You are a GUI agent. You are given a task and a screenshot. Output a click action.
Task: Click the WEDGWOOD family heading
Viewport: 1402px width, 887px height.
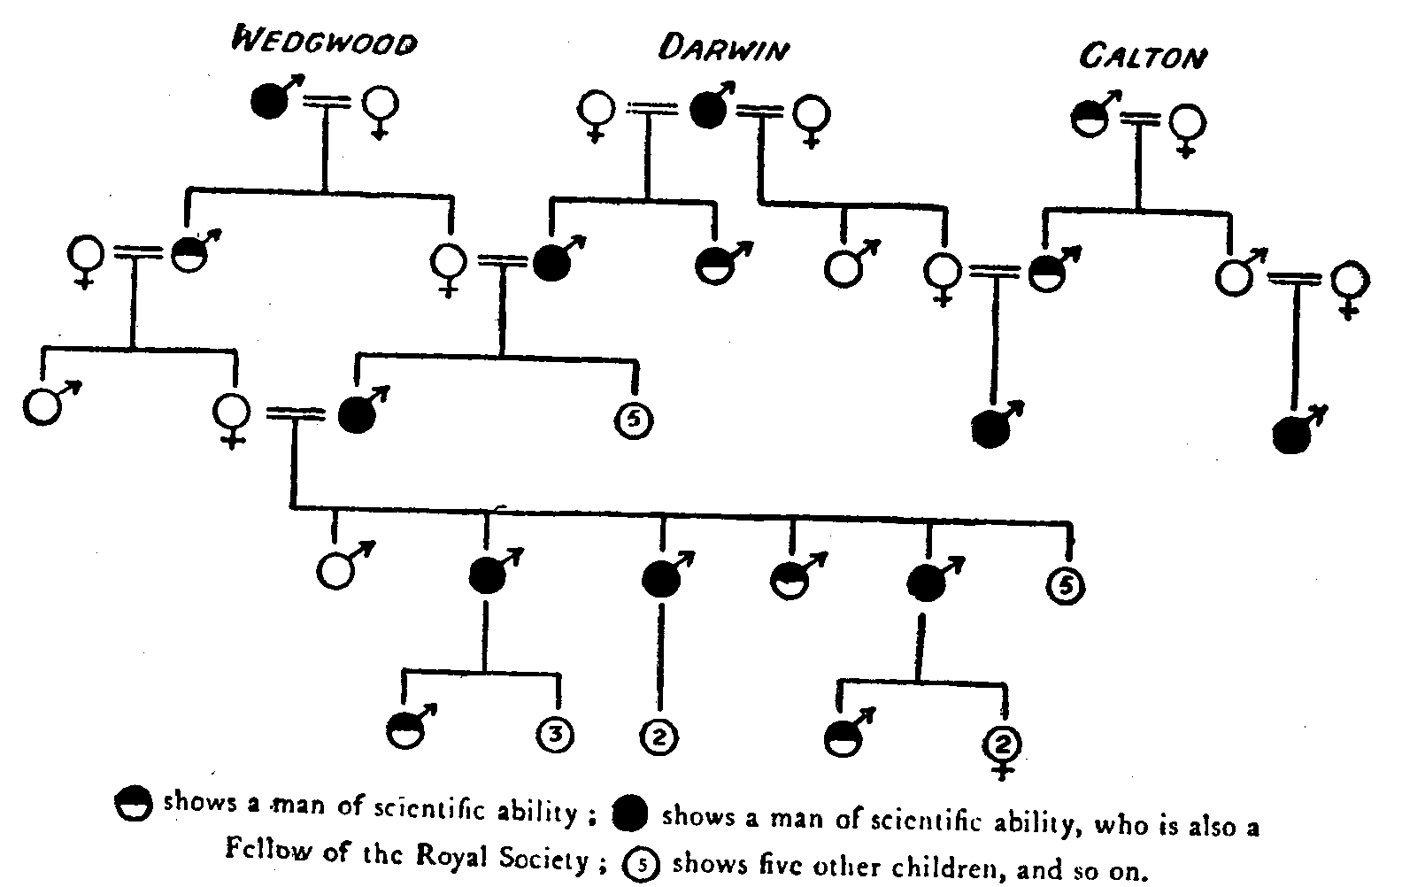coord(323,42)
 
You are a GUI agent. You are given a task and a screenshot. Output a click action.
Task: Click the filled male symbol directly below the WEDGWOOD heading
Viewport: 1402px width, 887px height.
coord(269,102)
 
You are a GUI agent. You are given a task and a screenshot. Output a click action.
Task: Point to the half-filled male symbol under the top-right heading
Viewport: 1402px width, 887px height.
coord(1088,118)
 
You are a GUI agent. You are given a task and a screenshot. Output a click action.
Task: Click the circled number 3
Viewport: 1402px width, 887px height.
coord(555,734)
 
